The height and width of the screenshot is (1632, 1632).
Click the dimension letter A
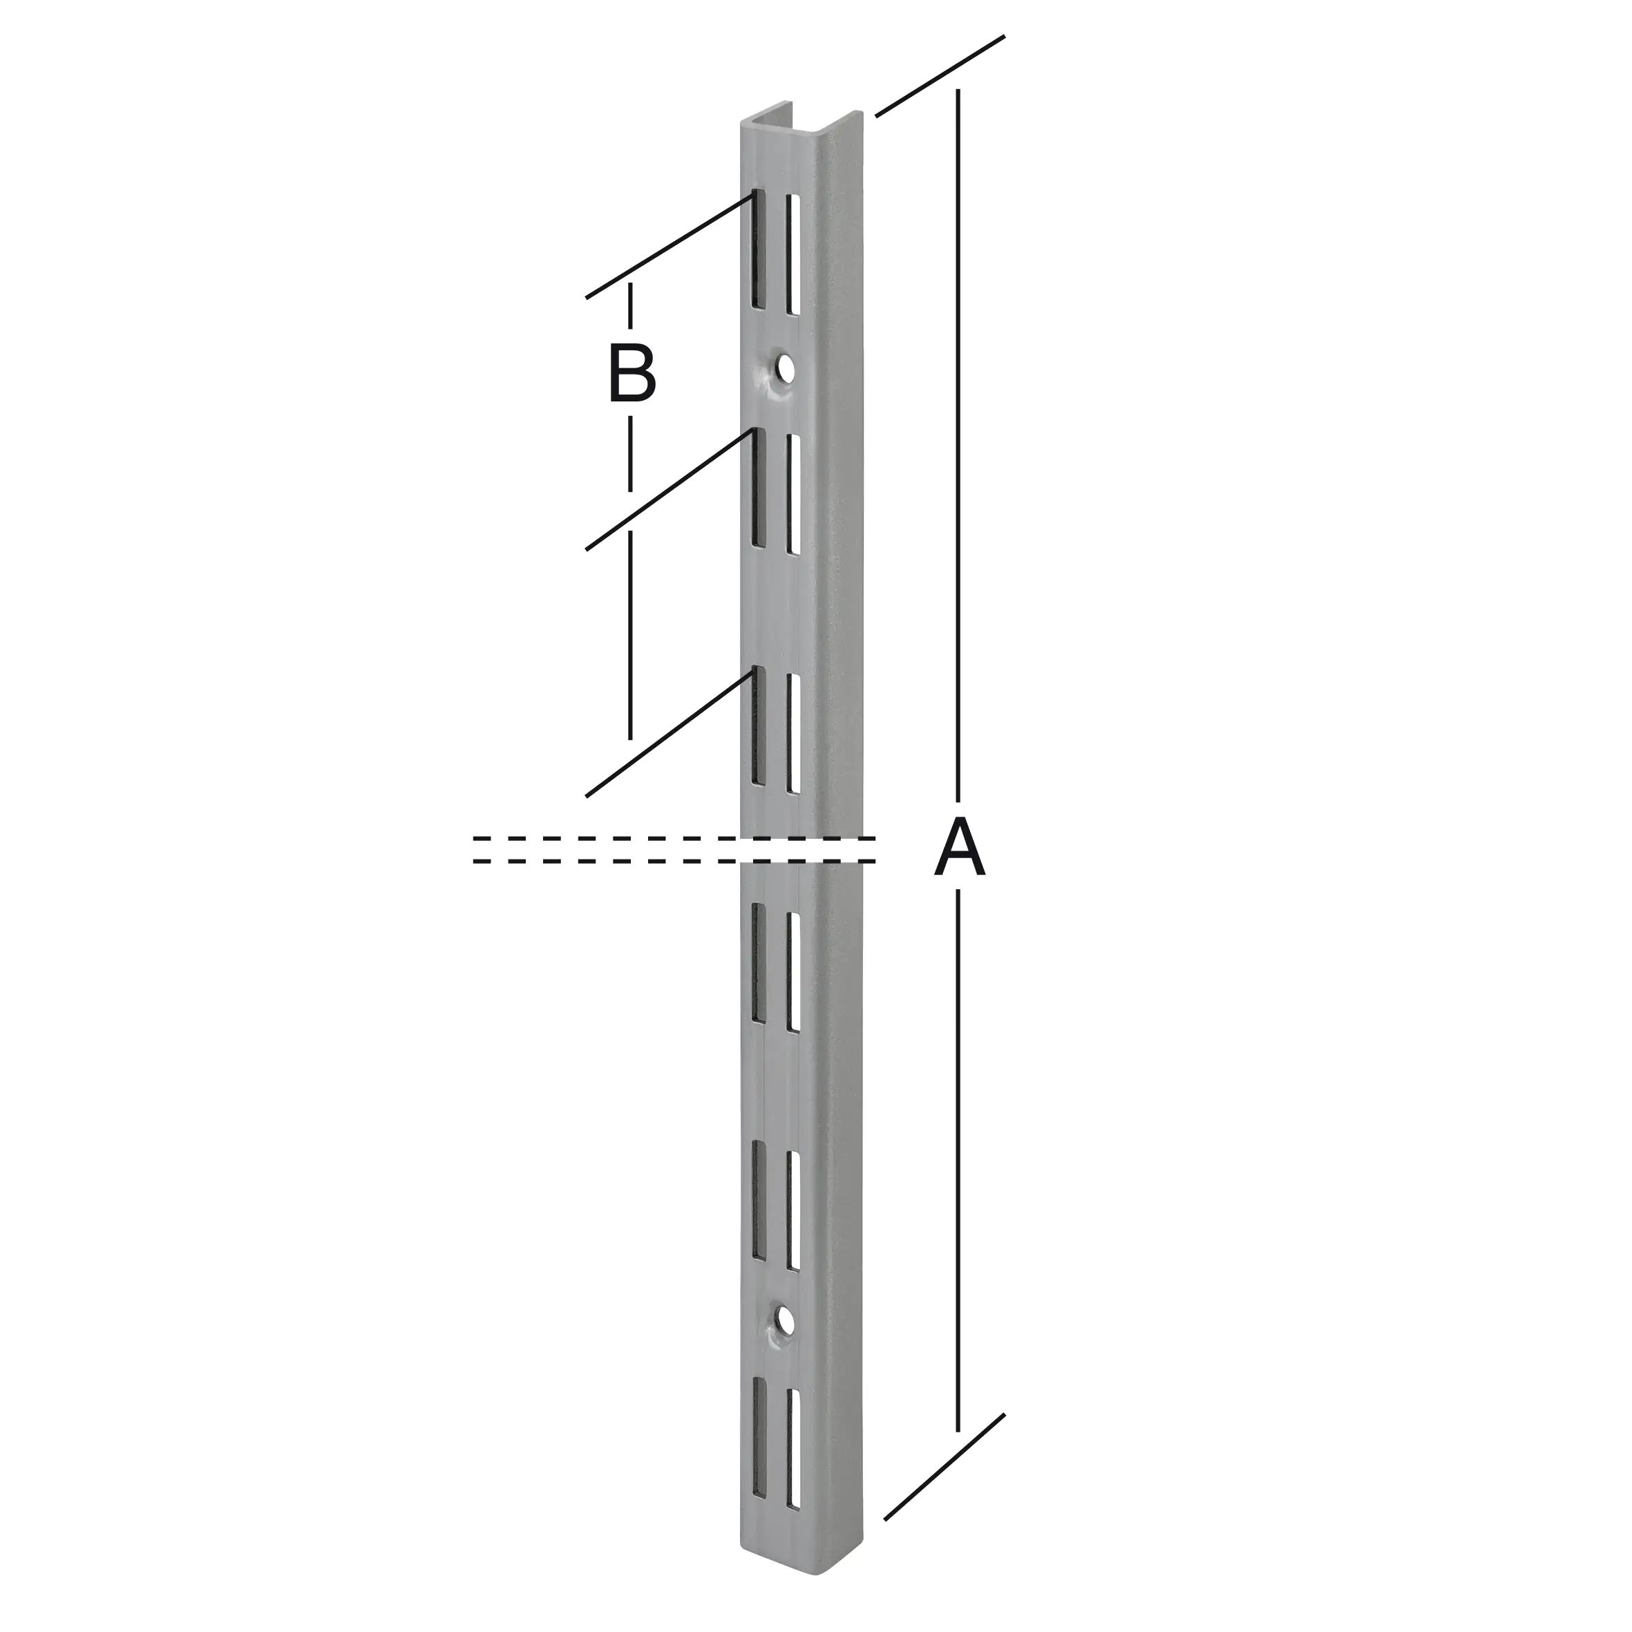pyautogui.click(x=960, y=848)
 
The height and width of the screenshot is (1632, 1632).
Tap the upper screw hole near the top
pyautogui.click(x=786, y=369)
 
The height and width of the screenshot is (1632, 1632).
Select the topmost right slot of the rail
pyautogui.click(x=793, y=256)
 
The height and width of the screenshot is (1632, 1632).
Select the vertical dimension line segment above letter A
pyautogui.click(x=957, y=439)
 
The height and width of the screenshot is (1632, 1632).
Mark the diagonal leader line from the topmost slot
pyautogui.click(x=667, y=246)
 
